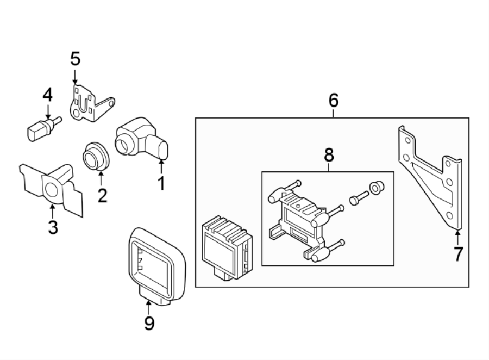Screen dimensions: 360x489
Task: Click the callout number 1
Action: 161,183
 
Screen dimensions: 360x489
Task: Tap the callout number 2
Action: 102,194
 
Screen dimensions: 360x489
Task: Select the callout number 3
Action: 53,227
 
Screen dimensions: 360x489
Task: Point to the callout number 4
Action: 48,95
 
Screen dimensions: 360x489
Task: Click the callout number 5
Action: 75,59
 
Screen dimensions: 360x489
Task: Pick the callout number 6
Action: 333,100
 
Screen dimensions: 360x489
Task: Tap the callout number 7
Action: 458,253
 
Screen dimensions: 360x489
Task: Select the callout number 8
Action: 328,154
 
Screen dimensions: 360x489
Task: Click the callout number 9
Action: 149,324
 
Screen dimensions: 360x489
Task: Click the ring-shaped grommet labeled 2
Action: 96,156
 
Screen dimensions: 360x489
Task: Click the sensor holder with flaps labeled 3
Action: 52,186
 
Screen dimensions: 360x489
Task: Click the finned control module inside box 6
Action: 226,243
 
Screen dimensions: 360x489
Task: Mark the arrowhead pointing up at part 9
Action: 148,302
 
